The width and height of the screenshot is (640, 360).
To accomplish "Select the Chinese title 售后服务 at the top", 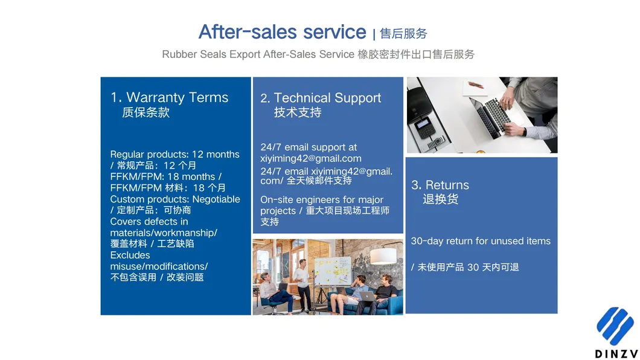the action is (x=403, y=33).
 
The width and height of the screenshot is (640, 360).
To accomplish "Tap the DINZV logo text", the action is (x=616, y=353).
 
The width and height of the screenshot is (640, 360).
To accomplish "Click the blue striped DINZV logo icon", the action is (x=615, y=326).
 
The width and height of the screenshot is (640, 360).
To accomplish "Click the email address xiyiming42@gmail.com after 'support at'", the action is (x=310, y=158).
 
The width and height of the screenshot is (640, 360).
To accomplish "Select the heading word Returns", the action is (x=447, y=185).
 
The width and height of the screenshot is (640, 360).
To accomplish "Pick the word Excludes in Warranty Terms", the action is (x=130, y=255).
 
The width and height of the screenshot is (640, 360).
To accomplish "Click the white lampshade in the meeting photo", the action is (x=383, y=256).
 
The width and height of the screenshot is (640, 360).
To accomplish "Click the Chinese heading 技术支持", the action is (x=298, y=112).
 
